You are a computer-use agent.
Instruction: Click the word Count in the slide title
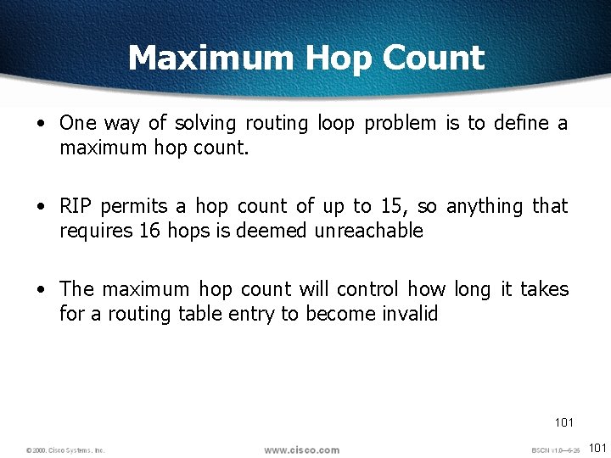[x=433, y=59]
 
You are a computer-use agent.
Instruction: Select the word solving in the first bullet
[x=205, y=124]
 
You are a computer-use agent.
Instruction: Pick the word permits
[x=135, y=207]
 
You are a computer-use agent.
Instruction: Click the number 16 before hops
[x=148, y=231]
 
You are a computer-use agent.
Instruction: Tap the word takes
[x=544, y=289]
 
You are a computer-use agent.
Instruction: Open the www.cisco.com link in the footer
[x=301, y=450]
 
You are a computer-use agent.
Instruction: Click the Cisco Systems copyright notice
[x=65, y=450]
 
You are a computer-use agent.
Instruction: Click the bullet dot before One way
[x=41, y=124]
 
